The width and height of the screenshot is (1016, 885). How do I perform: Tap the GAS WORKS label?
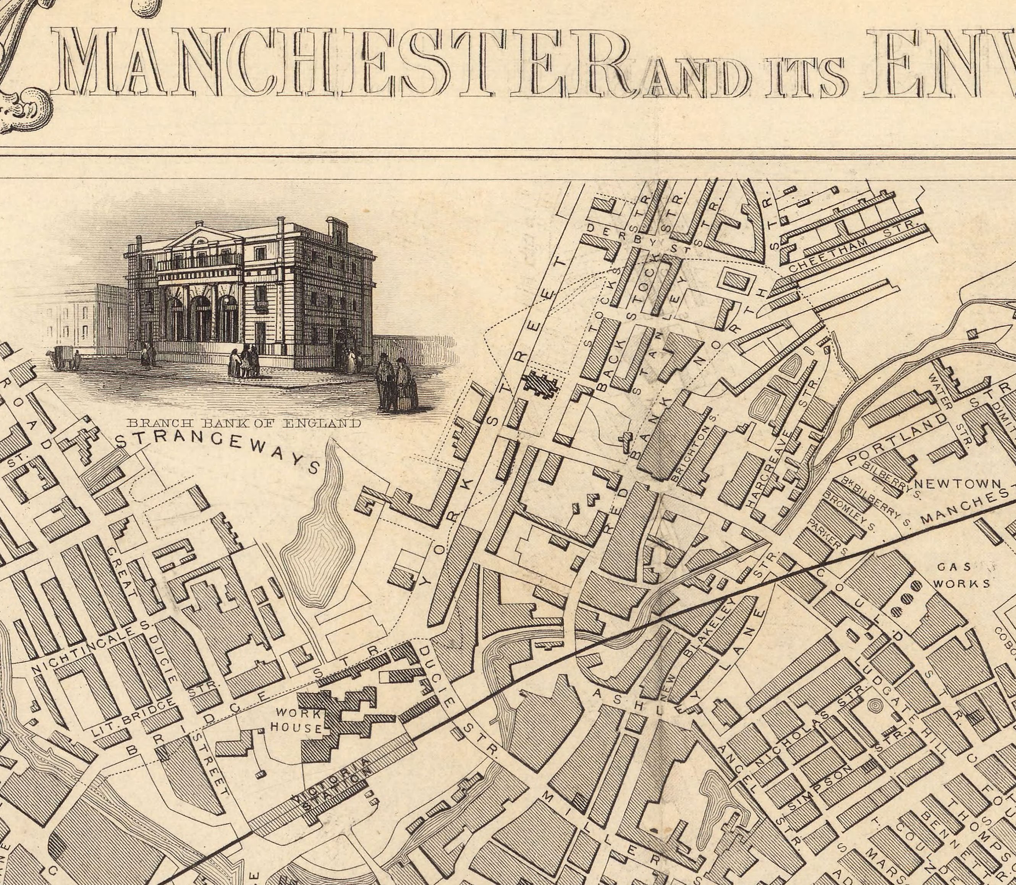[960, 575]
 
